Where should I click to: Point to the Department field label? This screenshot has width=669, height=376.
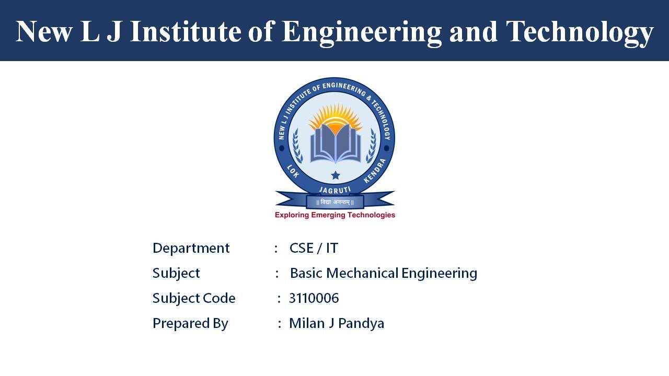click(x=191, y=248)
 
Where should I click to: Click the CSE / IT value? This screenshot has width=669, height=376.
click(x=314, y=248)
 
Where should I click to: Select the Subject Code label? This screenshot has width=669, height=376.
click(x=194, y=298)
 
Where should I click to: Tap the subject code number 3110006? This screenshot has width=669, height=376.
click(x=314, y=298)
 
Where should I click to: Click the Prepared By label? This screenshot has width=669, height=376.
click(x=190, y=324)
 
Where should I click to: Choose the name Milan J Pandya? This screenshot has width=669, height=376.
click(x=337, y=324)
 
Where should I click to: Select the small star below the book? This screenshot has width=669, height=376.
click(x=335, y=175)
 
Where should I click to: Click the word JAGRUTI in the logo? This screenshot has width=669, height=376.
click(x=334, y=190)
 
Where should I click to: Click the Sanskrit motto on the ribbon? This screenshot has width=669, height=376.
click(x=334, y=202)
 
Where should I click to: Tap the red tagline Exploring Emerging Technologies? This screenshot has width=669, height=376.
click(x=334, y=215)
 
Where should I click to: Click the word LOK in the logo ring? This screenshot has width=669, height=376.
click(x=293, y=171)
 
